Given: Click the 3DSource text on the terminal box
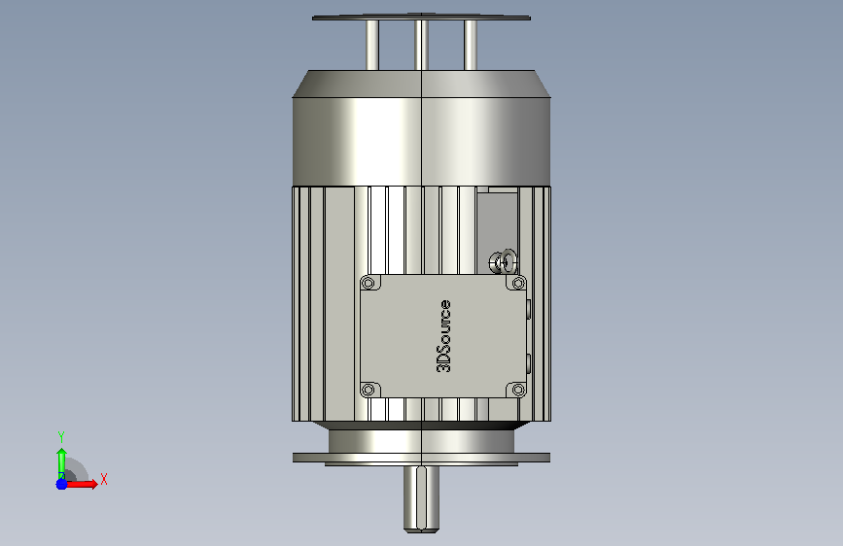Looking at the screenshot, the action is click(443, 336).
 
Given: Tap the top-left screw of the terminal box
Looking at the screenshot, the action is click(369, 283).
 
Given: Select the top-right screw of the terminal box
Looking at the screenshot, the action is click(518, 283).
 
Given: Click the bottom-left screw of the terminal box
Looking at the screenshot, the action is click(369, 390).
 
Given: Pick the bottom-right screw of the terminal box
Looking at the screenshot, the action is click(518, 390).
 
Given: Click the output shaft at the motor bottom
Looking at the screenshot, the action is click(422, 499).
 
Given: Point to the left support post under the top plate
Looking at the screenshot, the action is click(372, 45).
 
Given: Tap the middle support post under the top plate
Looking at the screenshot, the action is click(422, 45).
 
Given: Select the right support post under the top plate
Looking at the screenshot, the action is click(471, 45).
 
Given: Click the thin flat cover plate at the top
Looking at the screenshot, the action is click(422, 17).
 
